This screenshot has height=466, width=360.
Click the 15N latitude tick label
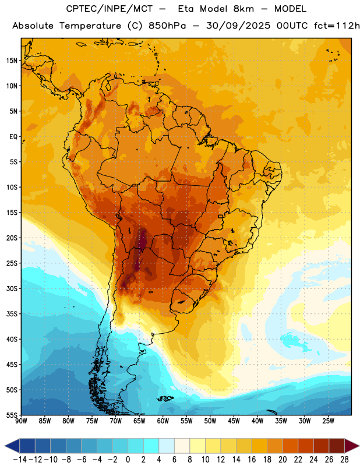coord(12,61)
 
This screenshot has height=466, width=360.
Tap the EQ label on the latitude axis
coord(13,137)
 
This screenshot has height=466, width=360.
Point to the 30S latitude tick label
coord(12,288)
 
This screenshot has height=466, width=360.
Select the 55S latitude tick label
coord(12,415)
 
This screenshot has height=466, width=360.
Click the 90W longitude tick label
coord(21,421)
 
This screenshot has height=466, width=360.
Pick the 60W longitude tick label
coord(163,421)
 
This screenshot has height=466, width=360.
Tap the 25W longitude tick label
coord(329,421)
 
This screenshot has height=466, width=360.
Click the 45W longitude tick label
coord(234,421)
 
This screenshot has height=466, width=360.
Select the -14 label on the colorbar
coord(20,460)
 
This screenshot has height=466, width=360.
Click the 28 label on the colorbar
coord(344,460)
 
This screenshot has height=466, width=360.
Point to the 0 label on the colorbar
coord(128,460)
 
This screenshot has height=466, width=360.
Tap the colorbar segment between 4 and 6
coord(167,446)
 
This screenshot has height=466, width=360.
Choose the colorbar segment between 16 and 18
coord(259,446)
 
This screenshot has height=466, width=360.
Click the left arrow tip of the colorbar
coord(5,446)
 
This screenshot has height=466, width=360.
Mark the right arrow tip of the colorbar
coord(359,446)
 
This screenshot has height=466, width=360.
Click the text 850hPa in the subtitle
coord(167,26)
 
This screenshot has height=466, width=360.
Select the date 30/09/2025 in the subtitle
coord(238,26)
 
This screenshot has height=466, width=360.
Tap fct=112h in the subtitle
coord(337,26)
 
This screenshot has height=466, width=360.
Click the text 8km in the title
coord(243,9)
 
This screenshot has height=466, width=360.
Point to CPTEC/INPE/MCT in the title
coord(110,9)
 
